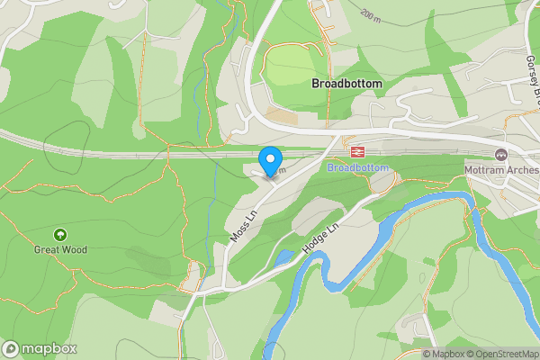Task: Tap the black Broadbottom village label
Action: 346,83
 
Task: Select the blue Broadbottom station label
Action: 358,168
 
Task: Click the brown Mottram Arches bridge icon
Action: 501,154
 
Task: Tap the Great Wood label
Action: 60,249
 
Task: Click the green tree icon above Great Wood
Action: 60,234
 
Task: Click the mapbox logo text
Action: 49,349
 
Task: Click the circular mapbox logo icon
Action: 11,349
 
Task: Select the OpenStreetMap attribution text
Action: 507,354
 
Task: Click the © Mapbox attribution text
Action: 446,354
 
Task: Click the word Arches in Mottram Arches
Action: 521,169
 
